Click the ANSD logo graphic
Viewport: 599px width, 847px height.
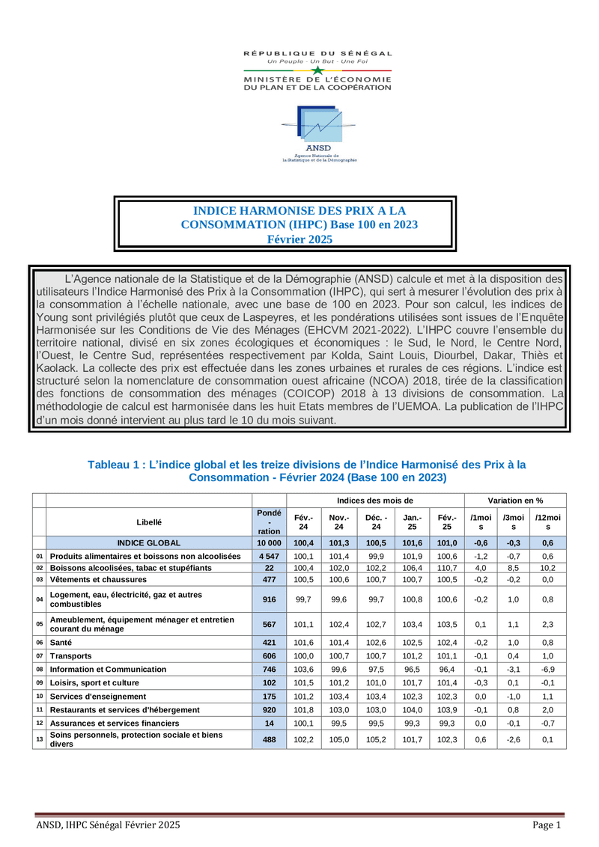tap(318, 123)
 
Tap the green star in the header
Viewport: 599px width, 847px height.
tap(318, 70)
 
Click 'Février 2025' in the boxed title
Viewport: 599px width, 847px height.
tap(299, 239)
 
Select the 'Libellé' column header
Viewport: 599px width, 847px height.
tap(149, 522)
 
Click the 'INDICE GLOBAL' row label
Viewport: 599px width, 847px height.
tap(149, 542)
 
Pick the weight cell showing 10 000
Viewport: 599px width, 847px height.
tap(269, 542)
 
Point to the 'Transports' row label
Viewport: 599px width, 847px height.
tap(71, 655)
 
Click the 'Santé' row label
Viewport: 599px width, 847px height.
tap(61, 642)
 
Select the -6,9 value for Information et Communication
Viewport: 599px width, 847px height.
tap(548, 669)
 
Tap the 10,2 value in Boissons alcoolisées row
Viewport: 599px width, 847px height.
tap(548, 568)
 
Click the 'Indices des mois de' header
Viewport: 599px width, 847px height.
tap(375, 500)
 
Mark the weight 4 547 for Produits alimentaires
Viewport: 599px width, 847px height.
tap(269, 556)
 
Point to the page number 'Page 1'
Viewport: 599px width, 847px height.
tap(547, 825)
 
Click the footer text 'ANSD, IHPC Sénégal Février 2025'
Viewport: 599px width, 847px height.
tap(109, 825)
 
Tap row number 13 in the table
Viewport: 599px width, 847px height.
tap(39, 739)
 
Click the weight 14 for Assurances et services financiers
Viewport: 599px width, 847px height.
tap(269, 723)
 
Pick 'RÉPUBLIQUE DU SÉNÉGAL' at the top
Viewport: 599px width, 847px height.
tap(318, 54)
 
